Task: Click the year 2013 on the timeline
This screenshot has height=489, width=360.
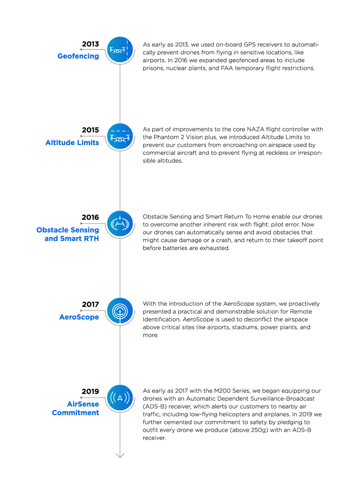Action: (90, 44)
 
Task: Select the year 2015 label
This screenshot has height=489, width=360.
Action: (90, 130)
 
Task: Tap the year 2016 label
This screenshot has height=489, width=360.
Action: (90, 217)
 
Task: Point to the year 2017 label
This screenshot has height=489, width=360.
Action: (90, 304)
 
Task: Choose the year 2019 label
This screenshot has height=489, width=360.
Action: (90, 392)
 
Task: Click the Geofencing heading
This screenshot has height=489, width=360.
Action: (78, 56)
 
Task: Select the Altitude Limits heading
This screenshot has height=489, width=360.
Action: (72, 142)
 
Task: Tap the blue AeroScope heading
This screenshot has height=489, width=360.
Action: (79, 317)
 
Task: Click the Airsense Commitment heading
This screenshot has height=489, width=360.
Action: (76, 408)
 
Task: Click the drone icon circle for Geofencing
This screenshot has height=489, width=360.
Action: (120, 49)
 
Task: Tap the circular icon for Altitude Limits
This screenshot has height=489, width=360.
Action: (120, 137)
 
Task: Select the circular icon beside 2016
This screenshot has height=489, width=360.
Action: (120, 223)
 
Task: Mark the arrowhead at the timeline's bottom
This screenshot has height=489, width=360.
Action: (120, 455)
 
